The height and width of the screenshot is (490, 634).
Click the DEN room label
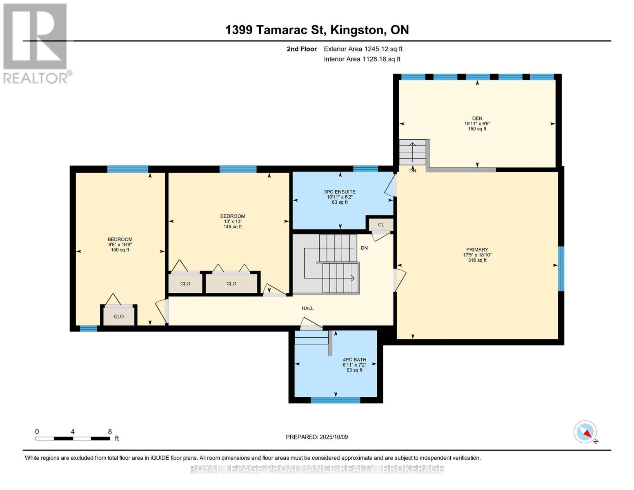coord(477,118)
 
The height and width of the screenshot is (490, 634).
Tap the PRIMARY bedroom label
coord(477,249)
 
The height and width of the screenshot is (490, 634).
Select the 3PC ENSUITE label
coord(340,192)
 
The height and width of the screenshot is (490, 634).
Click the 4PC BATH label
coord(354,360)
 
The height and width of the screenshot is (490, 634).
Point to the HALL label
coord(307,308)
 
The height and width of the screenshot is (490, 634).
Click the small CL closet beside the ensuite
coord(381,225)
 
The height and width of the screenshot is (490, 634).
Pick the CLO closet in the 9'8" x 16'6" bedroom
coord(119,316)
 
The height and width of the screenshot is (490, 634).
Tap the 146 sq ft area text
coord(233,227)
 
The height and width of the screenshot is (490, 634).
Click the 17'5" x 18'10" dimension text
coord(477,255)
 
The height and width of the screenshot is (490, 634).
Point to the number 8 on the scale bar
coord(110,432)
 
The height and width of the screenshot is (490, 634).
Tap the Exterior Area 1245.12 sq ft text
coord(363,49)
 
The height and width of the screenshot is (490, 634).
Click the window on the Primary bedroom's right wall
coord(561,269)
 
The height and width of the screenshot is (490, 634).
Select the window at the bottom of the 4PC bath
coord(335,400)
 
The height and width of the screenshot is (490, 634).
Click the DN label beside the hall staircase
coord(364,248)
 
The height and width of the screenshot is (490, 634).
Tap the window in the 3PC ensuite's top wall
coord(365,169)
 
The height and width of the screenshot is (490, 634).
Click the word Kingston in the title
coord(356,30)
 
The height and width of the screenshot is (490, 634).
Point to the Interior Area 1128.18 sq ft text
coord(362,59)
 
